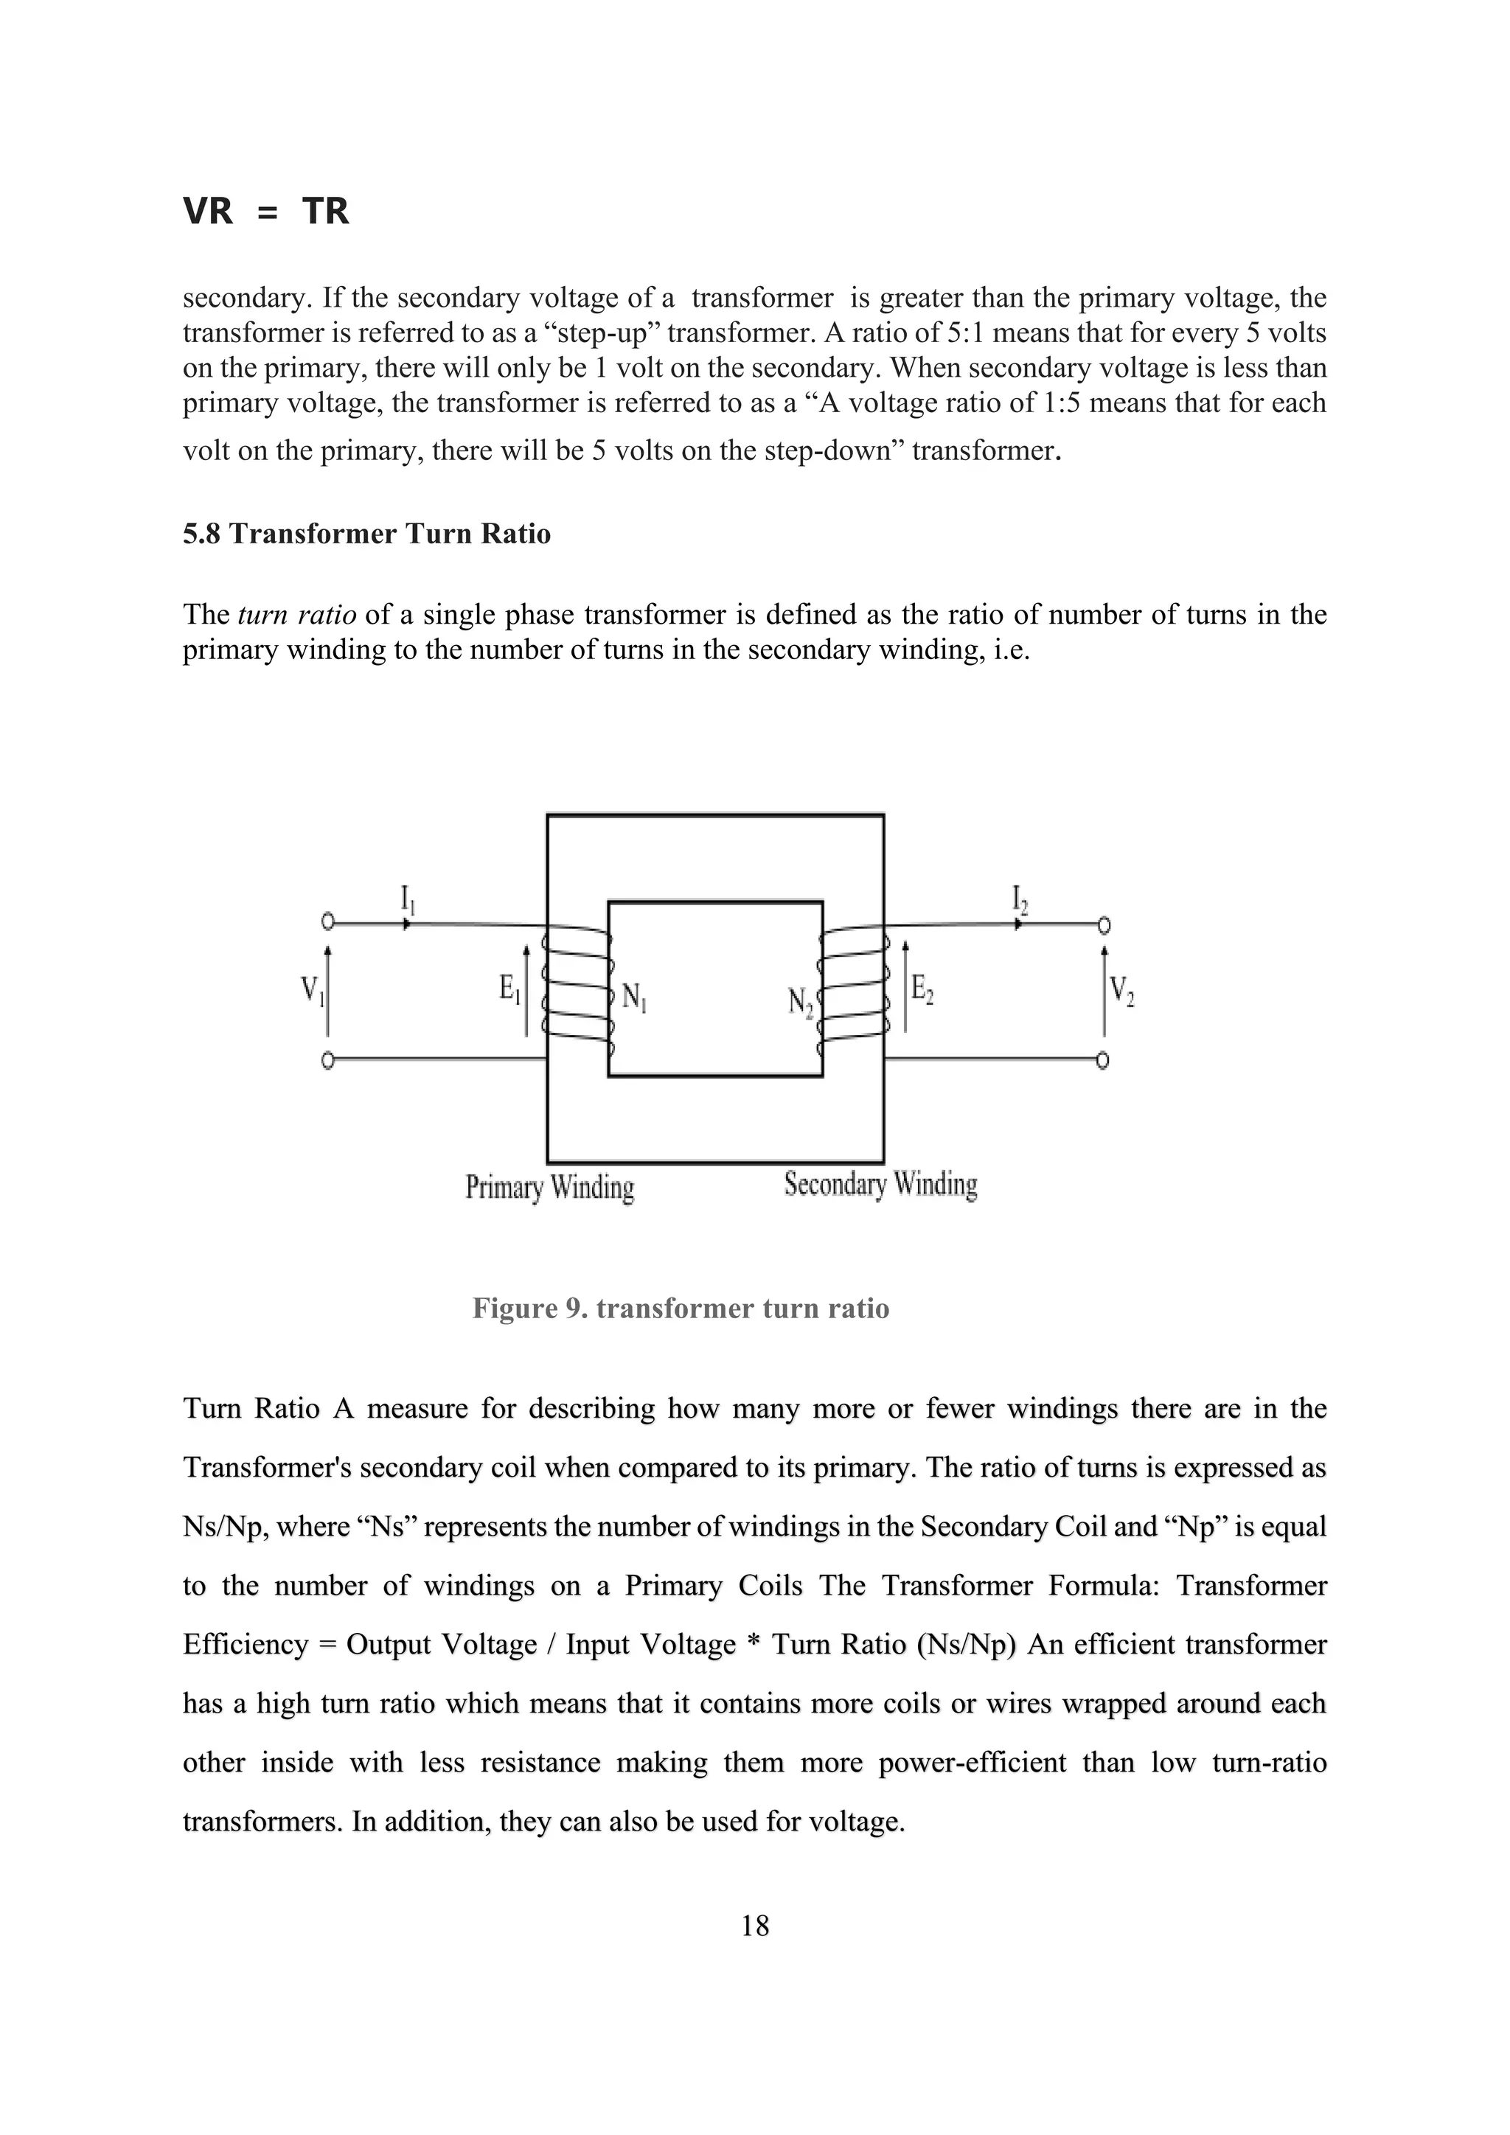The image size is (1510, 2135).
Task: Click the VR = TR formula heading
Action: (266, 212)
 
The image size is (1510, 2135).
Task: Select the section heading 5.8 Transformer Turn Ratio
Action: (366, 534)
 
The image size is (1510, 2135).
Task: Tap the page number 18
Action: (755, 1925)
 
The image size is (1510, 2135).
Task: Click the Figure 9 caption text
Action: (681, 1309)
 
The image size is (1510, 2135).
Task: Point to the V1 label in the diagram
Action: (313, 989)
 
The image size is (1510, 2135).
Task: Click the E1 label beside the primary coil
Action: (510, 988)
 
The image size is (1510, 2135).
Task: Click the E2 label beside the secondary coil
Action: (922, 988)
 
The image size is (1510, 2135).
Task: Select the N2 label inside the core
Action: (801, 1001)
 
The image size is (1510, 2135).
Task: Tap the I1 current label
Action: (407, 899)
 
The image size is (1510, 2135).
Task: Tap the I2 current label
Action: (1019, 899)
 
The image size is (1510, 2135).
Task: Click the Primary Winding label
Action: (549, 1188)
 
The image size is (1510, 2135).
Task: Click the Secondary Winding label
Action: (880, 1185)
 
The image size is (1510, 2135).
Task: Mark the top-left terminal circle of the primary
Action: (327, 922)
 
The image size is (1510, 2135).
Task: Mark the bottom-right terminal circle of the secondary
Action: (1103, 1060)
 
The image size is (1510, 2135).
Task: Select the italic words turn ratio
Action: (298, 615)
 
